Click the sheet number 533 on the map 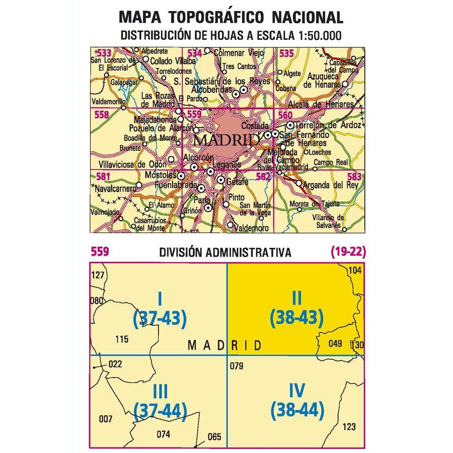104,53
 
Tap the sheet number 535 286,53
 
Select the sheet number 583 354,176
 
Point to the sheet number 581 103,176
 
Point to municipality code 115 122,339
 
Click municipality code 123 348,428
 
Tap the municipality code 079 236,365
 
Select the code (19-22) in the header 348,252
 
